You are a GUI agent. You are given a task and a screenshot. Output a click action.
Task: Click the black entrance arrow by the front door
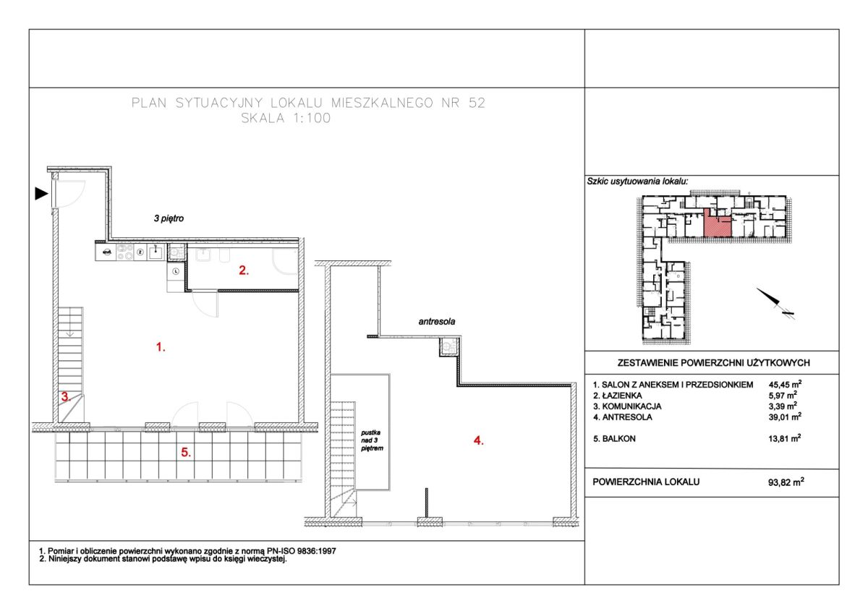pos(41,193)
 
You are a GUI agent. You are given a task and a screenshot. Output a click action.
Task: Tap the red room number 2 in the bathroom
pos(243,270)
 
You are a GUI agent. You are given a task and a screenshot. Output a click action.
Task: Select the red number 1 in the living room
pos(161,346)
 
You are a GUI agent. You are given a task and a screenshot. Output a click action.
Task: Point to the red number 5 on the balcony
pos(186,452)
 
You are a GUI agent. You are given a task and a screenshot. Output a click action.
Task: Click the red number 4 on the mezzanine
pos(479,440)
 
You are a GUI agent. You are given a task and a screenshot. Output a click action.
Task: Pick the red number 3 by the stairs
pos(66,397)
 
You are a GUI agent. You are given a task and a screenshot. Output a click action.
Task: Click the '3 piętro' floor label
pos(169,218)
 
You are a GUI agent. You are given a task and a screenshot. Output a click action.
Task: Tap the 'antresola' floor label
pos(437,322)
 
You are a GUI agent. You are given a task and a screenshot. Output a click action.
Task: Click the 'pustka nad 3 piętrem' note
pos(371,440)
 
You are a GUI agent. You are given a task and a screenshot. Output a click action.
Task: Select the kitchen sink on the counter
pos(156,252)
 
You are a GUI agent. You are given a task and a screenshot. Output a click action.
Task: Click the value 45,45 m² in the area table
pos(785,384)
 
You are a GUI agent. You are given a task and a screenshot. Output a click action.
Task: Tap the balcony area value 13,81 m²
pos(785,438)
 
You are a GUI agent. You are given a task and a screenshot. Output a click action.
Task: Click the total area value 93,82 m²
pos(786,482)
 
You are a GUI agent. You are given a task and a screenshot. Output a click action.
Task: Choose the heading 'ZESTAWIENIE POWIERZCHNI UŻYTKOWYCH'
pos(713,363)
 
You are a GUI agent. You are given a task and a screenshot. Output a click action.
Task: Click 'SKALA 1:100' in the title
pos(286,118)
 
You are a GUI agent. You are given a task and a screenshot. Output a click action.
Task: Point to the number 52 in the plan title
pos(477,103)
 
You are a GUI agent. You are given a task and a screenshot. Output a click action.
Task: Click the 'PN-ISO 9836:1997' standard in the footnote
pos(301,551)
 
